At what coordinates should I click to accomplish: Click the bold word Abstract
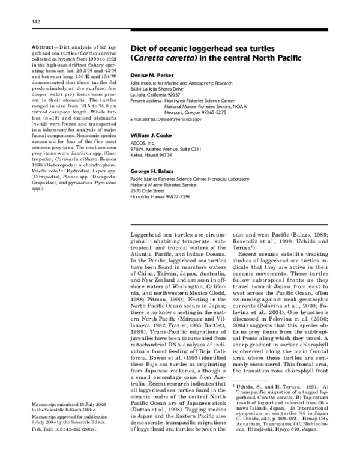coord(43,47)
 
